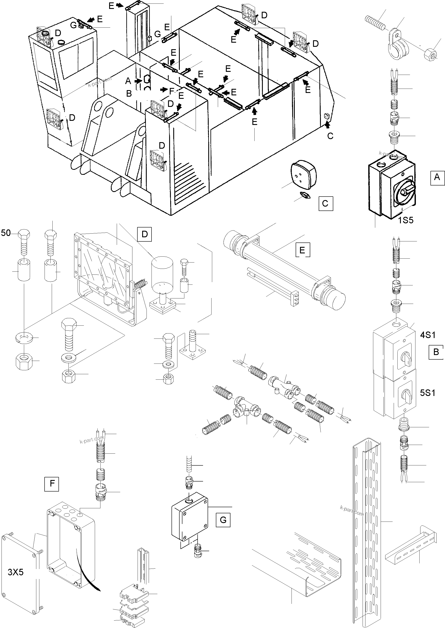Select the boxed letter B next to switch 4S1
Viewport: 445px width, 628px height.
[436, 352]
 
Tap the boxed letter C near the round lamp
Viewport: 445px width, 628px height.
[325, 204]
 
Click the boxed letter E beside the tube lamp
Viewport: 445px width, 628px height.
[303, 250]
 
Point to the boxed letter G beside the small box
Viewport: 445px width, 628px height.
[223, 520]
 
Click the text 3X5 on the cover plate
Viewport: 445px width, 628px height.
[16, 572]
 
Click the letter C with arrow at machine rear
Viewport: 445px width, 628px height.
[330, 136]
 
